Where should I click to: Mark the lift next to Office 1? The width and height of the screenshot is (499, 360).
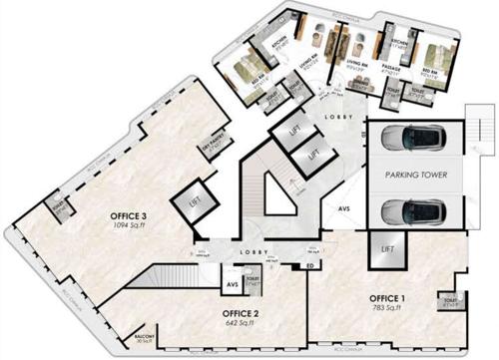pyautogui.click(x=385, y=248)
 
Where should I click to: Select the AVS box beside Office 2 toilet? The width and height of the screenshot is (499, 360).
pyautogui.click(x=231, y=284)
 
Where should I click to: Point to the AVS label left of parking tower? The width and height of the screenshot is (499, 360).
pyautogui.click(x=343, y=208)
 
